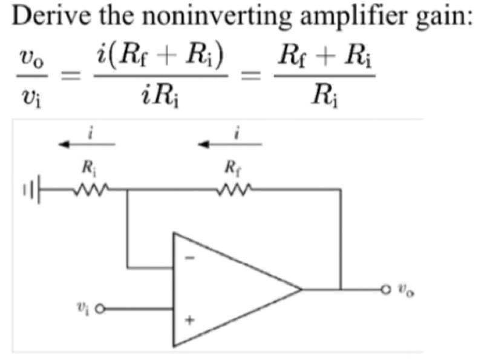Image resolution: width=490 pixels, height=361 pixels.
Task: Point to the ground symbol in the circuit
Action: coord(33,189)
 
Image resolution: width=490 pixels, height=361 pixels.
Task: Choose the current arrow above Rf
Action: coord(232,144)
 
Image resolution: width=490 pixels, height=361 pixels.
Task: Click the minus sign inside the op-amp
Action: coord(189,257)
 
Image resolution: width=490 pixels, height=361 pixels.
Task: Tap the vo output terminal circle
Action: coord(385,289)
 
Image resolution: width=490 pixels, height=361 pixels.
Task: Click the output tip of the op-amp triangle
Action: coord(301,289)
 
